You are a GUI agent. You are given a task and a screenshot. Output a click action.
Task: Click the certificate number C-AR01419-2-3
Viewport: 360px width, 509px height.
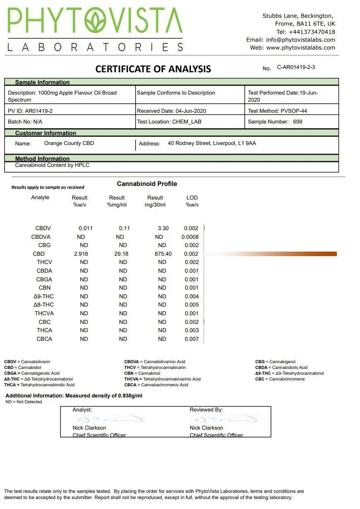pyautogui.click(x=296, y=67)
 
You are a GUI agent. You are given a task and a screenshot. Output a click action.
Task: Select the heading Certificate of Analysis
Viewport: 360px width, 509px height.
pyautogui.click(x=153, y=69)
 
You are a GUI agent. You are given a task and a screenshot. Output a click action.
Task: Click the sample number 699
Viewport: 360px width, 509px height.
pyautogui.click(x=297, y=122)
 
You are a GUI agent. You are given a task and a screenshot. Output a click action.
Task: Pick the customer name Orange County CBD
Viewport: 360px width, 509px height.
pyautogui.click(x=69, y=143)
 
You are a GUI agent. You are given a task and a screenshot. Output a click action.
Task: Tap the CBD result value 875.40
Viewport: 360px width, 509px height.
pyautogui.click(x=162, y=254)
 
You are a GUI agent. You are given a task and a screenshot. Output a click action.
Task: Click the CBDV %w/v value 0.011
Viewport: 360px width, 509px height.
pyautogui.click(x=86, y=228)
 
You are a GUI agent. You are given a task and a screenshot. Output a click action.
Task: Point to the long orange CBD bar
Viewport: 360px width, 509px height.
pyautogui.click(x=289, y=254)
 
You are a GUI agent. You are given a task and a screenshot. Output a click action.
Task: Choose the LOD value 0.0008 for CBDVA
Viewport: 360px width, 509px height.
pyautogui.click(x=190, y=237)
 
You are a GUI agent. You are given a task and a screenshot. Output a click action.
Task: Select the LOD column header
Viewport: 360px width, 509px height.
pyautogui.click(x=192, y=198)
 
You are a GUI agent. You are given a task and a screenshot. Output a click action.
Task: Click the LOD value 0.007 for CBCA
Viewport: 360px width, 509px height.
pyautogui.click(x=191, y=339)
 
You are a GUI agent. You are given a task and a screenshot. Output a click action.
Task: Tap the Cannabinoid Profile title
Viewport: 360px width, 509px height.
pyautogui.click(x=147, y=184)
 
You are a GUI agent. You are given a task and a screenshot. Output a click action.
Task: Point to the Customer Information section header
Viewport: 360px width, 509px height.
pyautogui.click(x=45, y=133)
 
